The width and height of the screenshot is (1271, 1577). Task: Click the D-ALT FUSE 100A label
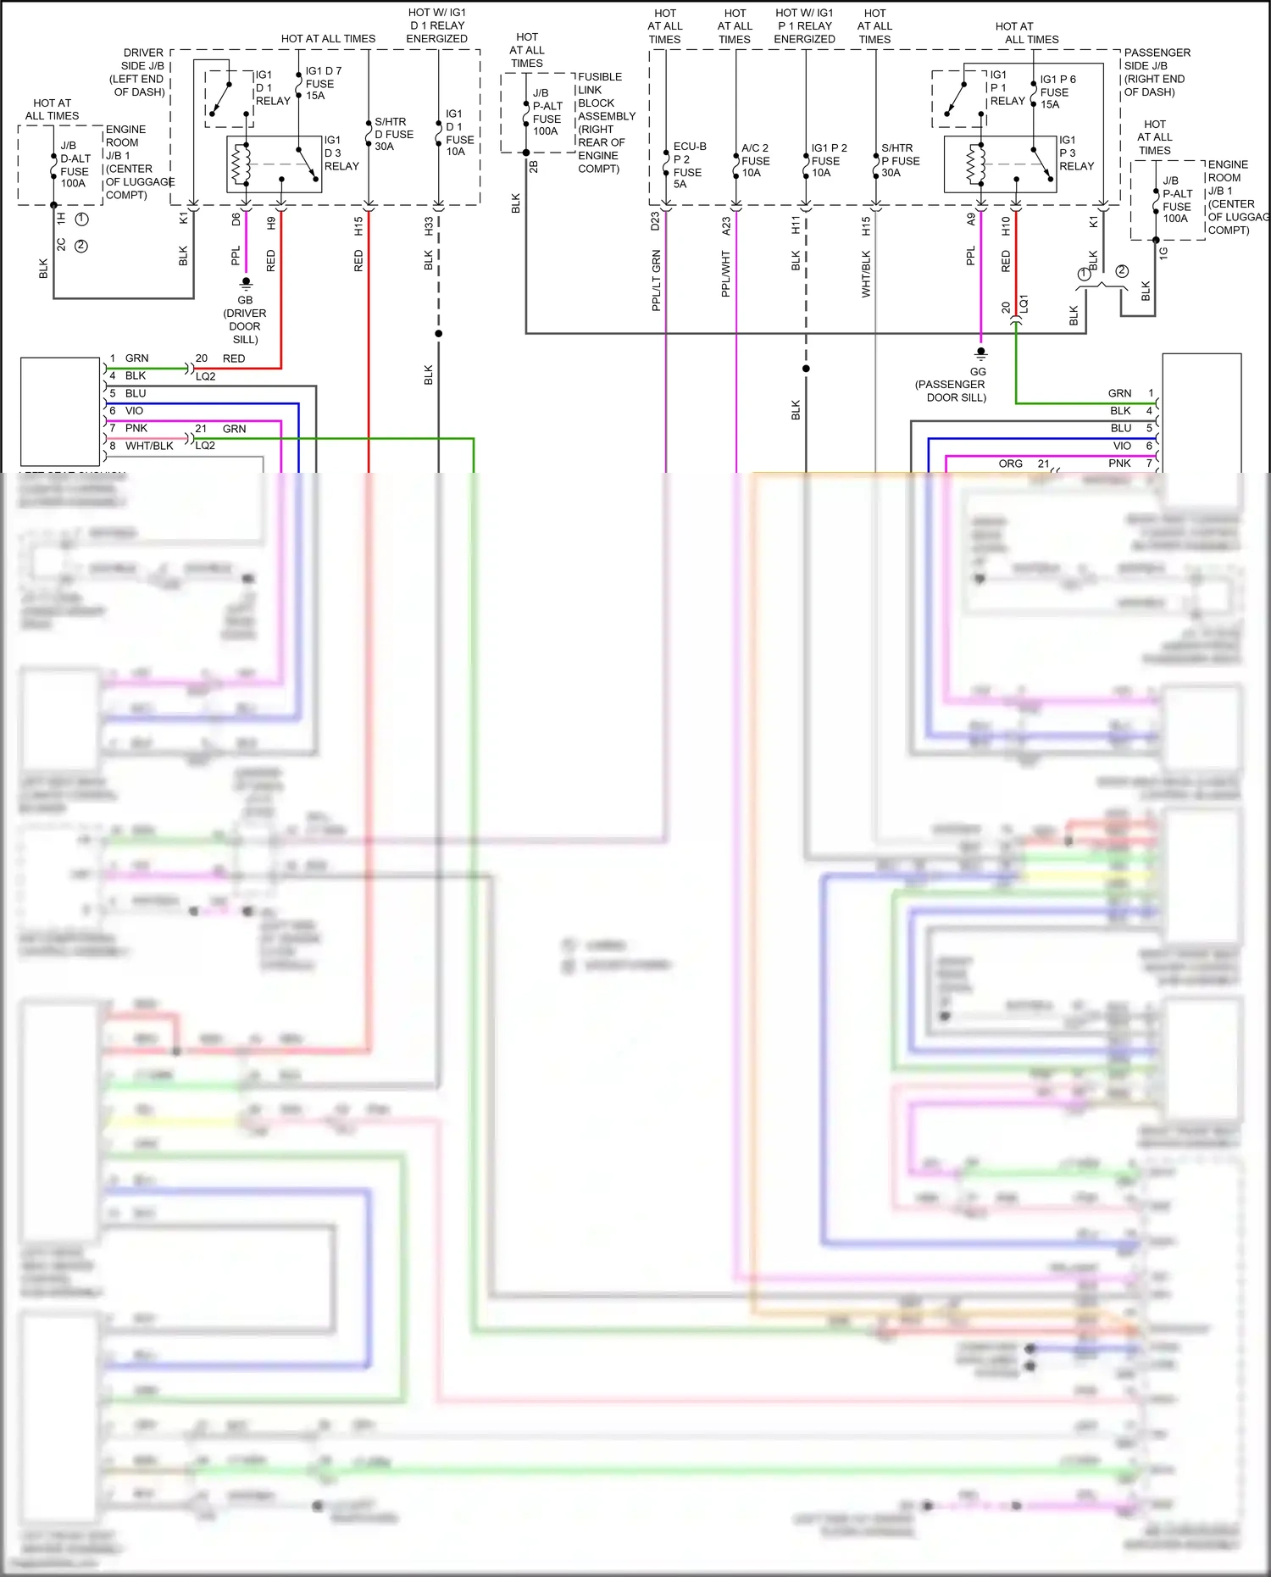75,164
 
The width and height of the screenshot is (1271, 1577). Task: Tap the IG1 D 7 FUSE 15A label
323,83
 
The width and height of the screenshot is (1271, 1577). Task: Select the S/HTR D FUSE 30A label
393,134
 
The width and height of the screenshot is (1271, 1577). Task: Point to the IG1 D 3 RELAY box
274,164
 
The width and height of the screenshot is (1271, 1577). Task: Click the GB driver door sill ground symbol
246,282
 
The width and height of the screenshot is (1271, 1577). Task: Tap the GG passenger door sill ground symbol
980,353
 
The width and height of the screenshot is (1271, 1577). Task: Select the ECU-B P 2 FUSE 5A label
689,165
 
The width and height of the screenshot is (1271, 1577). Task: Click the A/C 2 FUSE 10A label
755,160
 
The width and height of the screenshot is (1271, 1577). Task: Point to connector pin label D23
655,222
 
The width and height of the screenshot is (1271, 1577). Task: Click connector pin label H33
429,226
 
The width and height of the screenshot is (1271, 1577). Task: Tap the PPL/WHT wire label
725,273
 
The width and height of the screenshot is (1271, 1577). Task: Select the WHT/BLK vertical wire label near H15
865,273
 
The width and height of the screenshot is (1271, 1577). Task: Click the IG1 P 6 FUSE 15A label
1057,92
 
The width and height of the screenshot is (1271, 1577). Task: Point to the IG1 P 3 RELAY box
1000,164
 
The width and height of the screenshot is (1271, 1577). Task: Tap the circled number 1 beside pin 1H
81,219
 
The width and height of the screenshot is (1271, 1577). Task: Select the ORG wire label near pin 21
1010,464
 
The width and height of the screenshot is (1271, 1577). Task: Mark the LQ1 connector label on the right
1024,304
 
